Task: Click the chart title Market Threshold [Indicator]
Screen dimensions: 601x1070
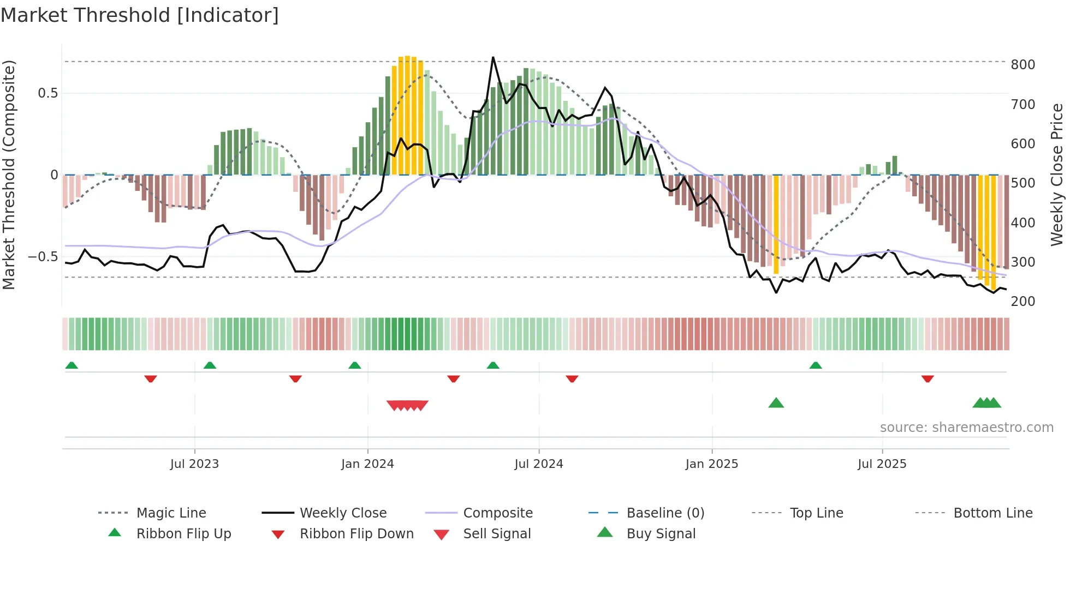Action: [x=140, y=15]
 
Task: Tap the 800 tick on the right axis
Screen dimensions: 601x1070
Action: [x=1023, y=65]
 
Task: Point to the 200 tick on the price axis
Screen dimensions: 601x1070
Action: [x=1023, y=302]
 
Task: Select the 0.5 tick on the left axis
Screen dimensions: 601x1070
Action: [x=48, y=93]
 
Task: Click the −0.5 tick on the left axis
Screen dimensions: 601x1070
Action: [x=43, y=257]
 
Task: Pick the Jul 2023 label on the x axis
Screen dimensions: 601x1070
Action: [x=194, y=464]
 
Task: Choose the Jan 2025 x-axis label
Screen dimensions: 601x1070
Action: [x=711, y=464]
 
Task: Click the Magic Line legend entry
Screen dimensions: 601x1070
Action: [x=171, y=513]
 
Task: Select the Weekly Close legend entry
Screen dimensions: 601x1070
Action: [x=343, y=513]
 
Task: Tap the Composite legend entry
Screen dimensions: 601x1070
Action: [x=498, y=513]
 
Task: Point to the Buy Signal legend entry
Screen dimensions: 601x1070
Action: [x=661, y=534]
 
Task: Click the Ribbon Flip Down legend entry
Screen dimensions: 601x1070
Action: [x=356, y=534]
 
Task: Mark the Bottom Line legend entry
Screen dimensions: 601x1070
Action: [x=992, y=513]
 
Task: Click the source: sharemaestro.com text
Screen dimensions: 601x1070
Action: [x=966, y=428]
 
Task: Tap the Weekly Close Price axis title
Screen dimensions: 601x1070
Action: [x=1057, y=175]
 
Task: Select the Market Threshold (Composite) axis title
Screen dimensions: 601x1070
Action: [x=9, y=175]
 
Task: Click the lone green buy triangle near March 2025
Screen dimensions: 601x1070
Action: [x=776, y=404]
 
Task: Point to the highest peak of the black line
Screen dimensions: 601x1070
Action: [x=493, y=57]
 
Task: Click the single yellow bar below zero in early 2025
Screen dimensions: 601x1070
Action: [x=776, y=224]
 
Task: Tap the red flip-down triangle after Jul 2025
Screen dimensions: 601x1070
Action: [x=928, y=378]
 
